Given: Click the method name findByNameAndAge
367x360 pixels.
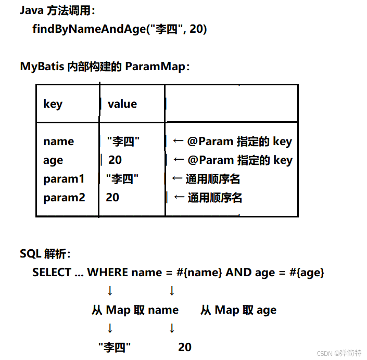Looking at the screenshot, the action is tap(88, 29).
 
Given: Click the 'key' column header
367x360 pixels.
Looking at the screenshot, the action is tap(53, 104).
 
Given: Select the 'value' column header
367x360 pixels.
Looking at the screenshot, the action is tap(122, 104).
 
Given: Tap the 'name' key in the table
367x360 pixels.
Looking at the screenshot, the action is tap(58, 142).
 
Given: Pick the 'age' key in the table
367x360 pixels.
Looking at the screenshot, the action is tap(53, 160).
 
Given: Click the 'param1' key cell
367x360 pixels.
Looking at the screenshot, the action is tap(64, 179).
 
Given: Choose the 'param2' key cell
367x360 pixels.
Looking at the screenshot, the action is tap(64, 198).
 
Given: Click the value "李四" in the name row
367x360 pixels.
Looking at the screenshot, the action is tap(123, 142).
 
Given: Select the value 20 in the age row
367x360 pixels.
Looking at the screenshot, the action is tap(115, 160).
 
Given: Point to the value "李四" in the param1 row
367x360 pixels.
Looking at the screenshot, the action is tap(122, 179).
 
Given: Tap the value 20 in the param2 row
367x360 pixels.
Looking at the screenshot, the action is tap(112, 198).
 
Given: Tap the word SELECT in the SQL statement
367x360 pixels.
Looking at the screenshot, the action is tap(52, 273).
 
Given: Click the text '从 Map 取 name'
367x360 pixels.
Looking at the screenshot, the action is tap(135, 311).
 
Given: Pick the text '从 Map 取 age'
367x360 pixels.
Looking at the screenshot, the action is tap(238, 311).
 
